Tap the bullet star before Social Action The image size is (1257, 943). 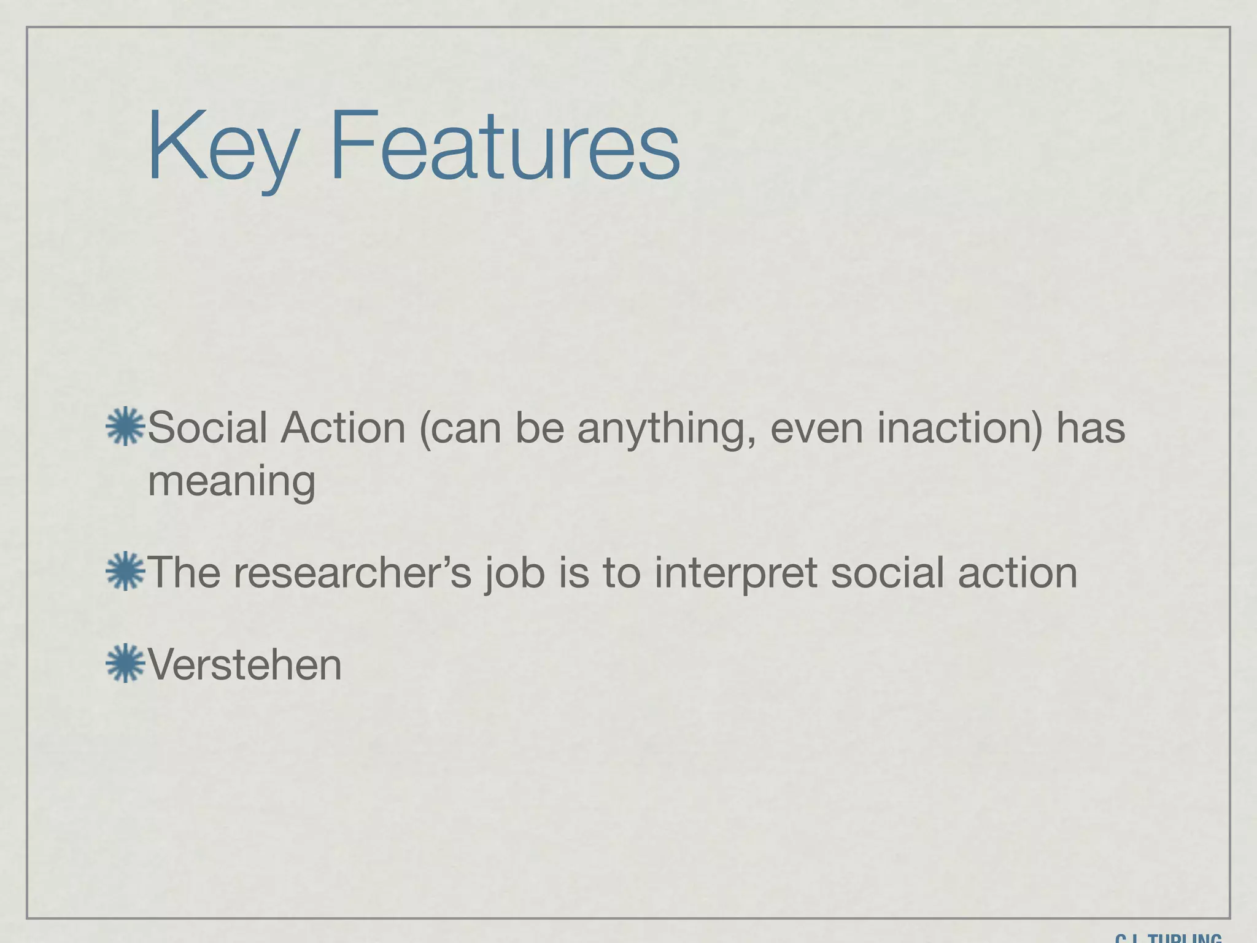click(125, 426)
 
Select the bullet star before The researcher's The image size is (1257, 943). click(125, 572)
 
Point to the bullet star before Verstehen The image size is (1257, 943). click(125, 664)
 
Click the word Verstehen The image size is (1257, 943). click(245, 665)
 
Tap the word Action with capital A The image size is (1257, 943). click(343, 428)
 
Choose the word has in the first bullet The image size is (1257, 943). click(1091, 428)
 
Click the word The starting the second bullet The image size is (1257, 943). click(184, 572)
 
